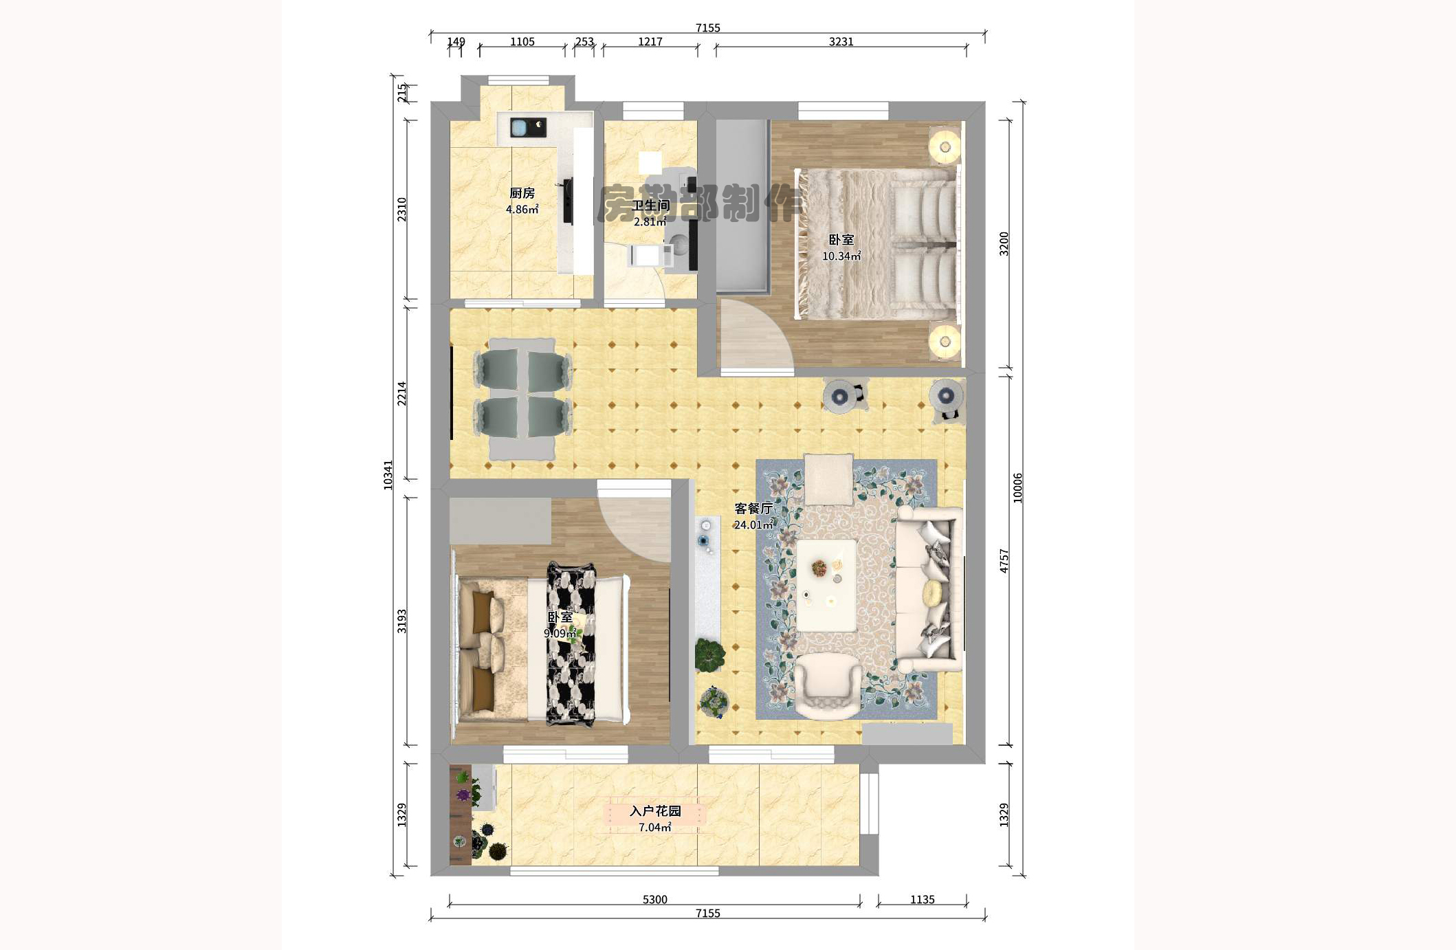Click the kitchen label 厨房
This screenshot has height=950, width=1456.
tap(522, 193)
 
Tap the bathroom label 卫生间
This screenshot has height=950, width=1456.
tap(650, 206)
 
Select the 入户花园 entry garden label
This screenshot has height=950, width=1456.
tap(654, 811)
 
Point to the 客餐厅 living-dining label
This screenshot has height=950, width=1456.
tap(753, 509)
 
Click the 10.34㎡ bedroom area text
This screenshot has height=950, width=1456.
tap(841, 256)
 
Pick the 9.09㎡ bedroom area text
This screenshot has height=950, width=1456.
tap(560, 633)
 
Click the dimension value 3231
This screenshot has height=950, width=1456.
tap(841, 42)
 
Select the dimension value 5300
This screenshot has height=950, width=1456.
tap(654, 899)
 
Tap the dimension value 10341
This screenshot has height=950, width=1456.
tap(388, 475)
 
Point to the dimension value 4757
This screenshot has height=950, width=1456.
tap(1004, 560)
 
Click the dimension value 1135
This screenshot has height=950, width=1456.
tap(922, 899)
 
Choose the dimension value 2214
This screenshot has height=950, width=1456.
tap(402, 394)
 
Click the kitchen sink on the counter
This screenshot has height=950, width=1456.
tap(520, 128)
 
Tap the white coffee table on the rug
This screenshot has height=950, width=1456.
tap(826, 584)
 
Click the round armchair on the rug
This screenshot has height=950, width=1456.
tap(827, 685)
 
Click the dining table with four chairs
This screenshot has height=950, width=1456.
tap(522, 399)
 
